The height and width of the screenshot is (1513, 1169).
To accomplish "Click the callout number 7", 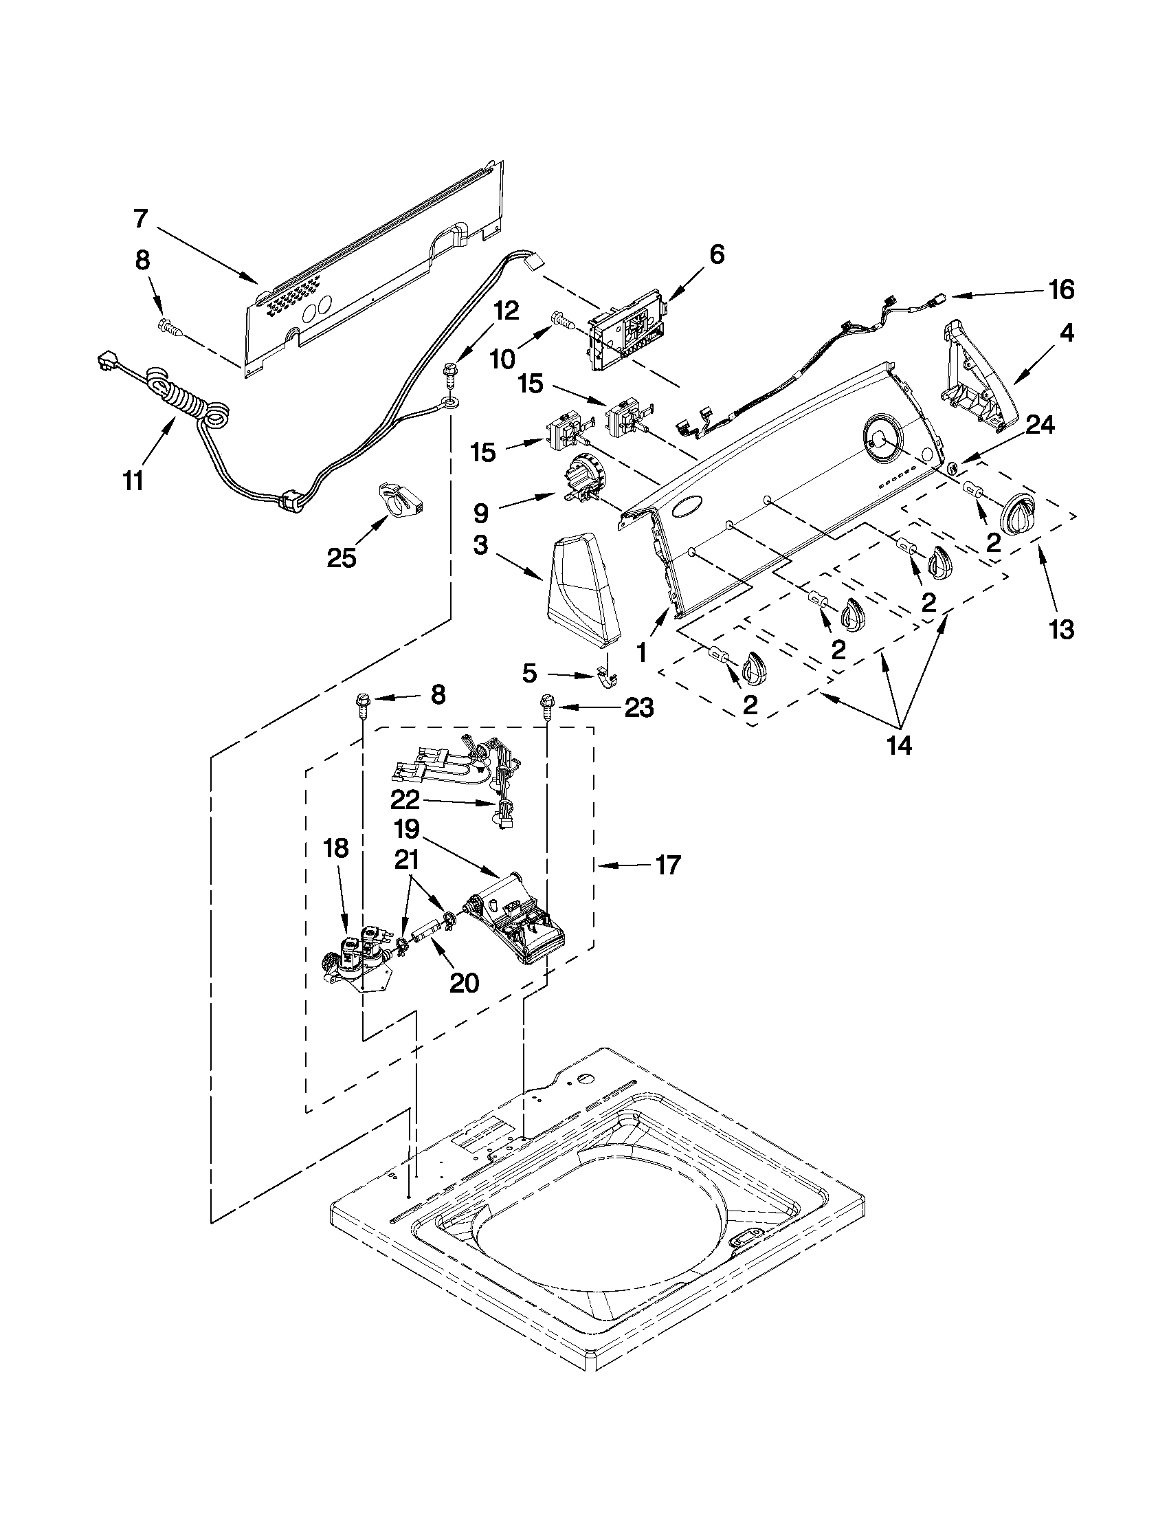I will pos(141,219).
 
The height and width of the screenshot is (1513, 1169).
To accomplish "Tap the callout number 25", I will pos(341,557).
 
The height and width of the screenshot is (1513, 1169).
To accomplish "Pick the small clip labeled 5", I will pos(608,678).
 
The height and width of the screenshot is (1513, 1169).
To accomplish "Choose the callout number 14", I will pos(900,746).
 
